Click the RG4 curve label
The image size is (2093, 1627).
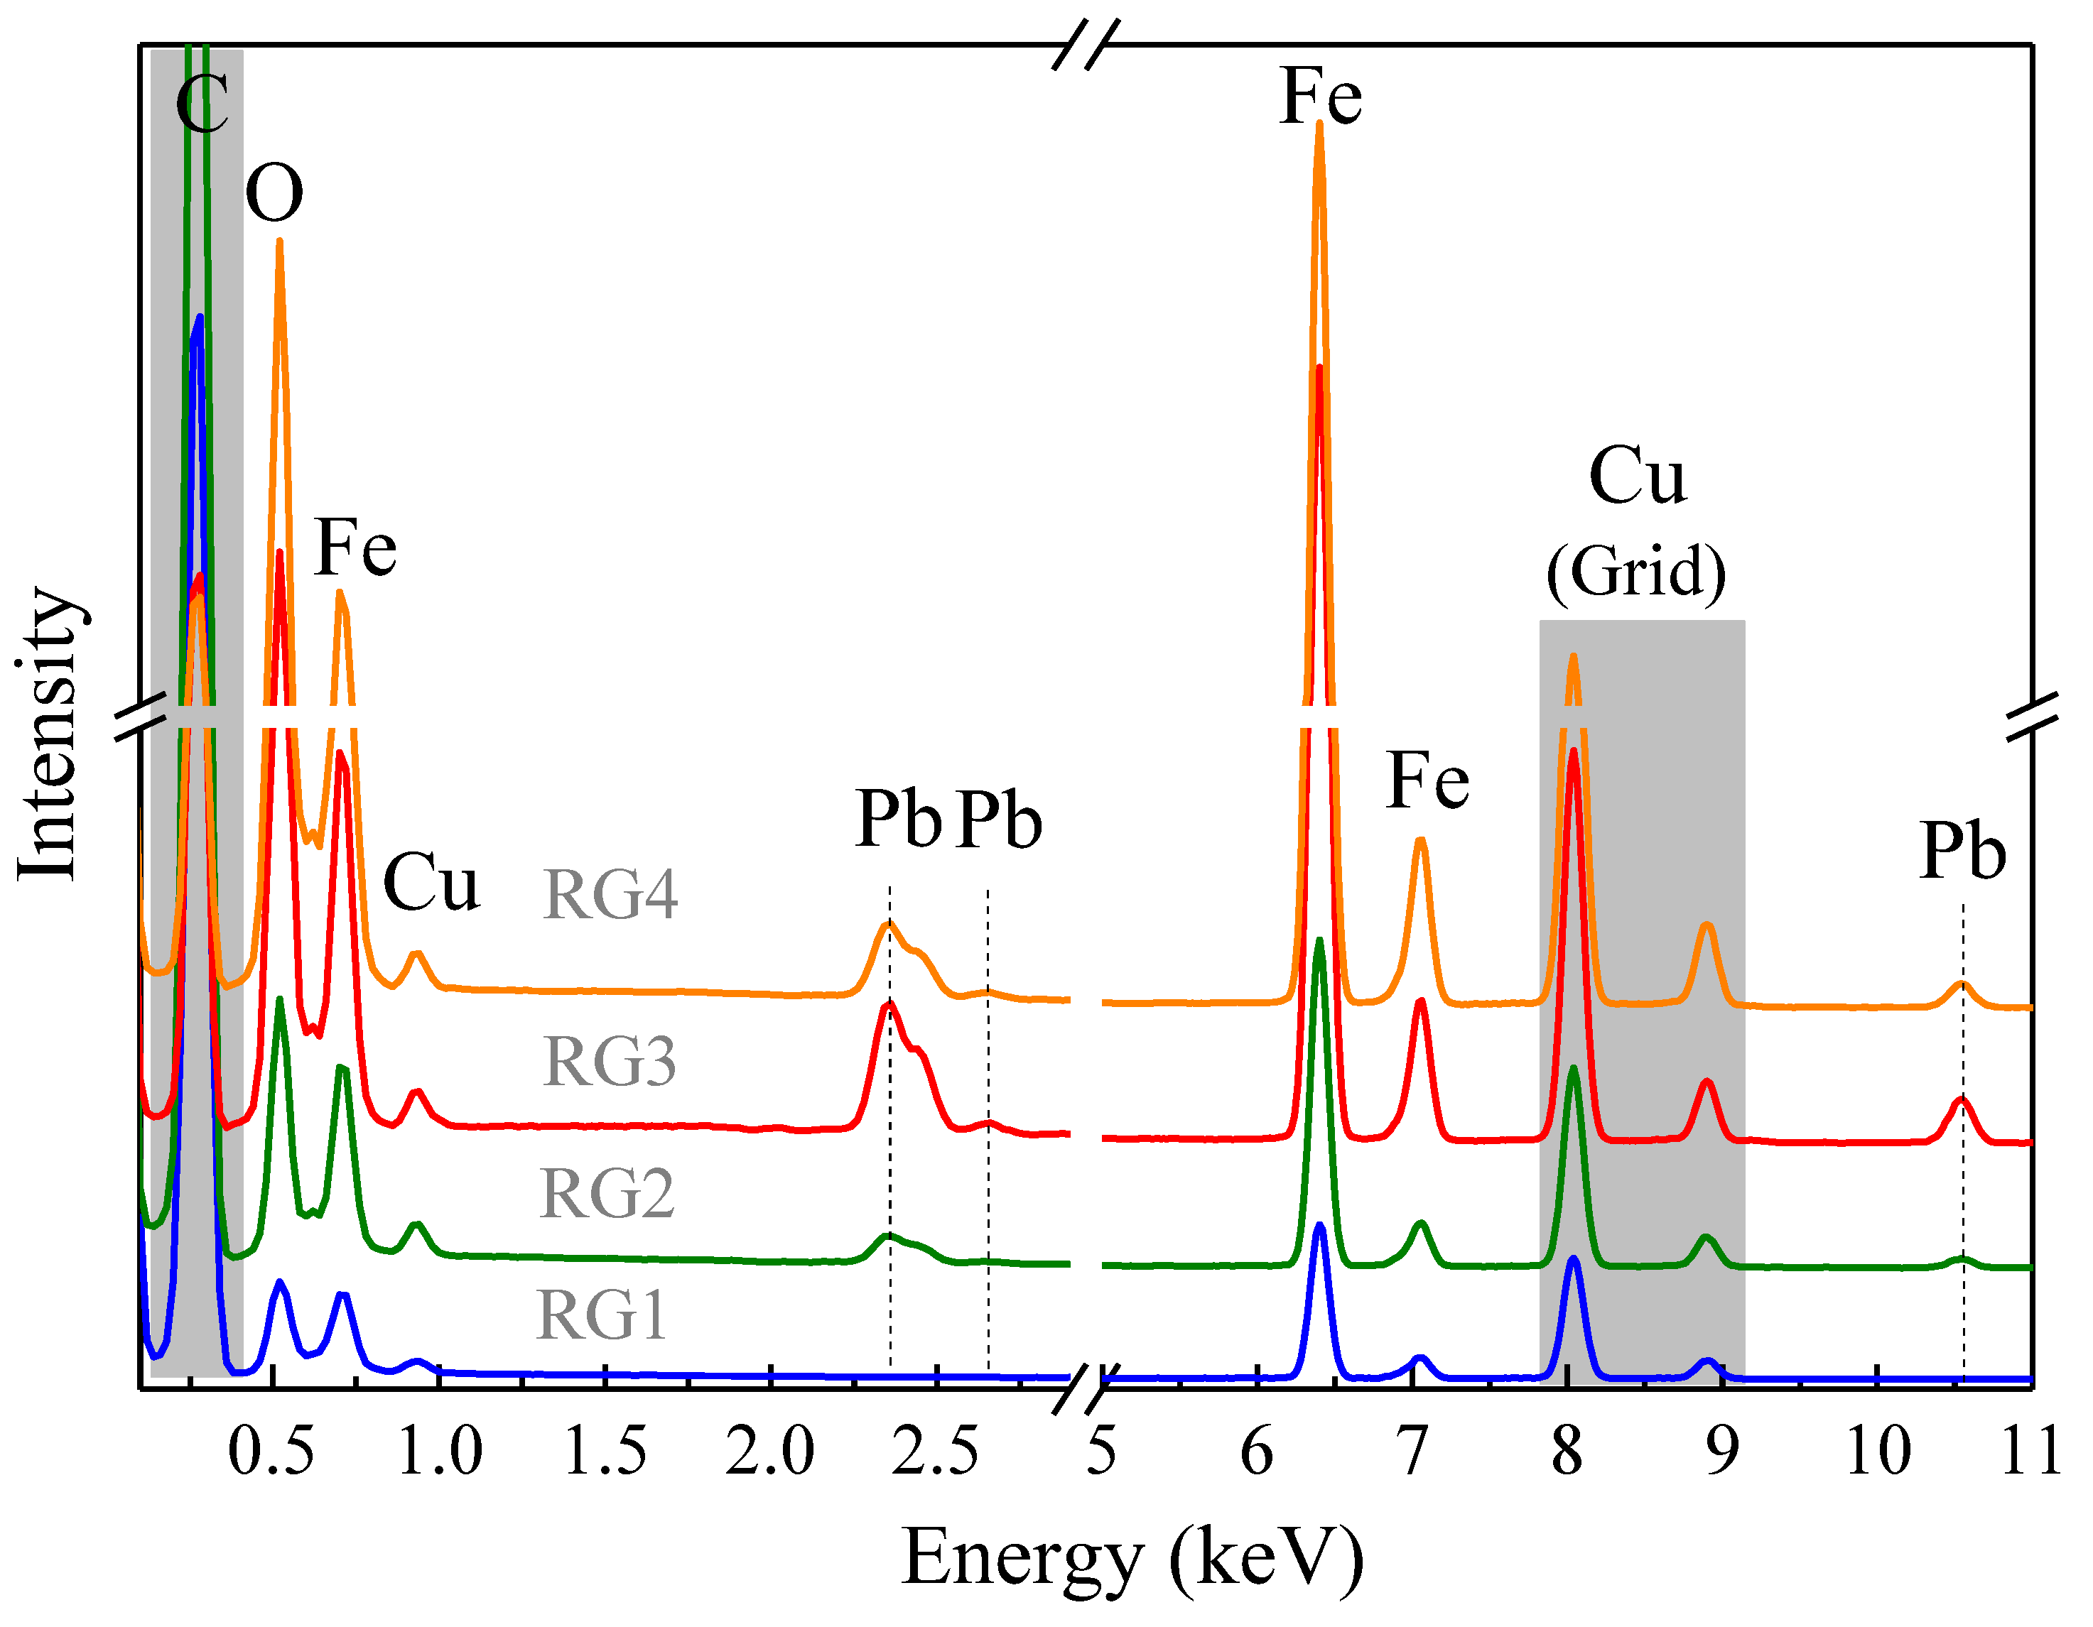610,895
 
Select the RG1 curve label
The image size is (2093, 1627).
601,1315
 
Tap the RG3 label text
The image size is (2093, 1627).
610,1062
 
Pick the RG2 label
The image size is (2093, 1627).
607,1194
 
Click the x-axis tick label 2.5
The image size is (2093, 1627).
934,1451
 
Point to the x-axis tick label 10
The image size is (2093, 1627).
1876,1451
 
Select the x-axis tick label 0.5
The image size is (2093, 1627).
271,1451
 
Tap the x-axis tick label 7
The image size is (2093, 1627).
1412,1451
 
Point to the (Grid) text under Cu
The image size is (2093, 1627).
1636,572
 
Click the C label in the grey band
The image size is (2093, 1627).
202,104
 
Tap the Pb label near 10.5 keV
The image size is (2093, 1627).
1962,851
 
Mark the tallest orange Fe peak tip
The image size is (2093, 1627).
1319,124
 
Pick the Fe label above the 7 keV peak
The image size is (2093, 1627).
1427,781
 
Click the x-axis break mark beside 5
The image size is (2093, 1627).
1086,1389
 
